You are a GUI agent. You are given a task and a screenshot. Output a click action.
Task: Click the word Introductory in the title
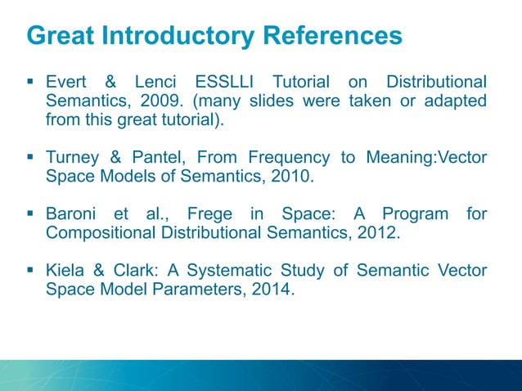tap(177, 36)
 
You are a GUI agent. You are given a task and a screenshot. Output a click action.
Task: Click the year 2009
tap(174, 101)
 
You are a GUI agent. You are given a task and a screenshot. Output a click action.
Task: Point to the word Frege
tap(209, 214)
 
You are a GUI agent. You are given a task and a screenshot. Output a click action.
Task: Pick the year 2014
tap(272, 290)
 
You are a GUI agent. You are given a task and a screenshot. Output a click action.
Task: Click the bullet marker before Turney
tap(30, 157)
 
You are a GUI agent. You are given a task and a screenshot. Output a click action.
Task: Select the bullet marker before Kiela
tap(30, 271)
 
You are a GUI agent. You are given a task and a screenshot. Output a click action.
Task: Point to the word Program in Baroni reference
tap(416, 214)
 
